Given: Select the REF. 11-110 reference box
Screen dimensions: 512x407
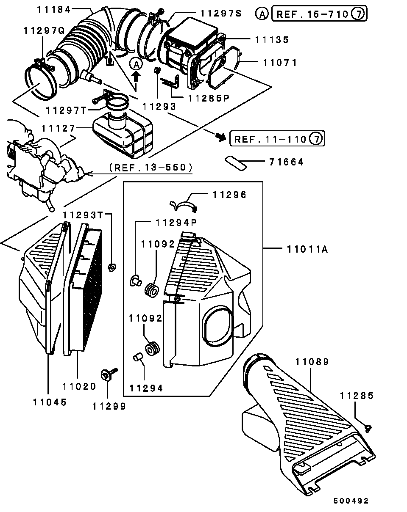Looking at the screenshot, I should pyautogui.click(x=277, y=139).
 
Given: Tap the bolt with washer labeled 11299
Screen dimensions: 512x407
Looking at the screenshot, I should pyautogui.click(x=106, y=374).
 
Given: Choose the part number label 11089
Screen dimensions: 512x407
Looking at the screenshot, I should pyautogui.click(x=312, y=362).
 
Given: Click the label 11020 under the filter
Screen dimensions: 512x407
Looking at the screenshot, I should pyautogui.click(x=79, y=386).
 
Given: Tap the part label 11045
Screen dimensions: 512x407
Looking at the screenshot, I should pyautogui.click(x=50, y=402).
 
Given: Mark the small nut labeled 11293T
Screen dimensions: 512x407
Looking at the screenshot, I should pyautogui.click(x=112, y=267).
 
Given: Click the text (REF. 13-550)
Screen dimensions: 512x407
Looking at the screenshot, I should pyautogui.click(x=150, y=168).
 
